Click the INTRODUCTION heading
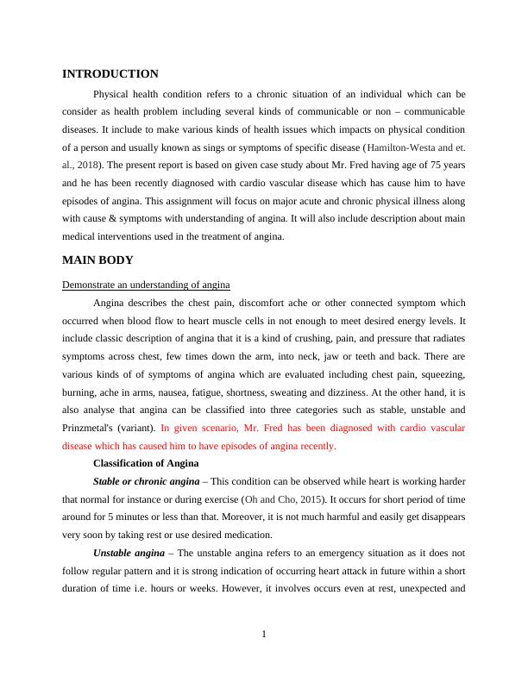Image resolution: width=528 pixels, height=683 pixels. (110, 74)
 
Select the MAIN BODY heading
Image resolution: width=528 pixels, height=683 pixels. (97, 260)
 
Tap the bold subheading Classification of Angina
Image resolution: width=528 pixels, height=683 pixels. (146, 463)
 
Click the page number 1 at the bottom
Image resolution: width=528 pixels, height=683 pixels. (264, 636)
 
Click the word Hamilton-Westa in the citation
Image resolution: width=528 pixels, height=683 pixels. (399, 148)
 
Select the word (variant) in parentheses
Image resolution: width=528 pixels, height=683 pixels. (137, 429)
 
